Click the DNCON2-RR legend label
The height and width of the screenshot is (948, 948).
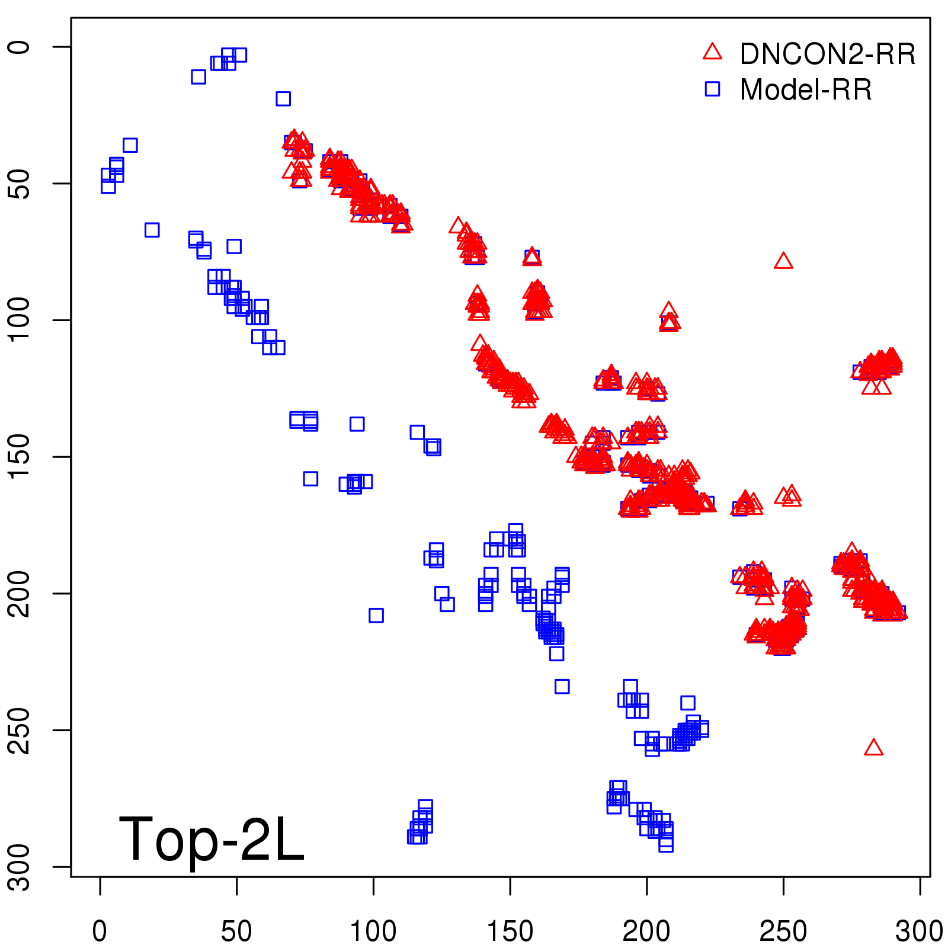pos(827,55)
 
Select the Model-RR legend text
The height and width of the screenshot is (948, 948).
pos(805,90)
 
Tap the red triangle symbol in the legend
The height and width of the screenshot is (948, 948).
pos(712,52)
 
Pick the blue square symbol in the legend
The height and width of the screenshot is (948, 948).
pos(712,89)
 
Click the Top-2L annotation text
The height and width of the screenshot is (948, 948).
pos(212,839)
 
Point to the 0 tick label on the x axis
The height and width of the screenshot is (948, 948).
pos(100,931)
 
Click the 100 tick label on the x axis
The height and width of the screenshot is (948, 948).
pos(373,931)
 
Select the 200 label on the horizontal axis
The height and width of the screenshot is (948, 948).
pos(646,931)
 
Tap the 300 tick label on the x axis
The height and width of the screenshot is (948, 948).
pos(919,931)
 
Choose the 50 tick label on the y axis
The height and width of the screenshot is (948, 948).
pos(19,184)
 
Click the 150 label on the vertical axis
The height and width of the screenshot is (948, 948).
pos(19,457)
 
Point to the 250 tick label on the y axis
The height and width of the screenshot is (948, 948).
pos(19,730)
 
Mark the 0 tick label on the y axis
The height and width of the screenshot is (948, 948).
pos(19,47)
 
